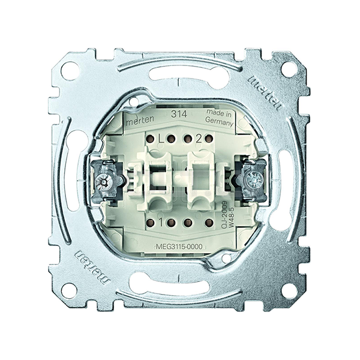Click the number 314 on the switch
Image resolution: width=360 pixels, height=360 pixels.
[179, 114]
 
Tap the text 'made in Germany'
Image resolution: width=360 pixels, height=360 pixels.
[219, 118]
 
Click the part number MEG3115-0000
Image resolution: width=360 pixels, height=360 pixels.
[179, 247]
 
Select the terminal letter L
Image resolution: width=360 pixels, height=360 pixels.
[161, 139]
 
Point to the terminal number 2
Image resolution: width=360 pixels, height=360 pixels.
[199, 139]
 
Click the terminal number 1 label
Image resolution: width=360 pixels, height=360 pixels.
[161, 222]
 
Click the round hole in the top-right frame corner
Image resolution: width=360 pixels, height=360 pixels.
[289, 69]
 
